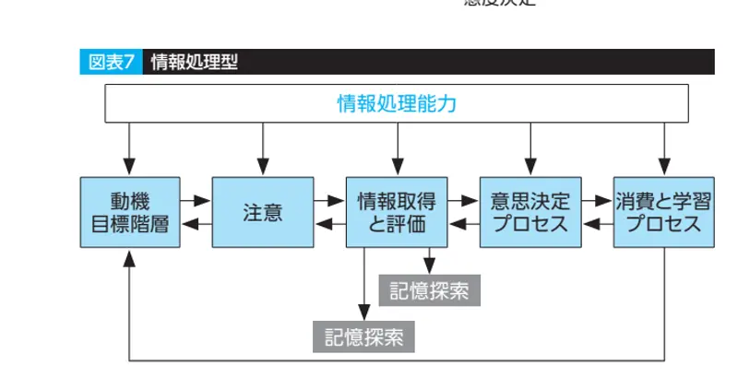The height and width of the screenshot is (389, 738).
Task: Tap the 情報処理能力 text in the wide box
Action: (397, 102)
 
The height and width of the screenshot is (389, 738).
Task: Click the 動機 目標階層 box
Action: (129, 212)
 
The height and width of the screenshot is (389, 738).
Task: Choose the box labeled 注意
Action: (263, 212)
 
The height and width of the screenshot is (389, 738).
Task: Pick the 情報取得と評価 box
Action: (397, 212)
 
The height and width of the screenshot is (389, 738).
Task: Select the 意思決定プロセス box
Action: (530, 212)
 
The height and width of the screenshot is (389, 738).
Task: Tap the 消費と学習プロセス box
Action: (664, 212)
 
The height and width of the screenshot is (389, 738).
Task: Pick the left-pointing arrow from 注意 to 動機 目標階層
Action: (195, 224)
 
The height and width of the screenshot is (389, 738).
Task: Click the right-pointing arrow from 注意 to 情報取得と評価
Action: (329, 199)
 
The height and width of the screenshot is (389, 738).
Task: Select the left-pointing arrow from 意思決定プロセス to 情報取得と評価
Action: (463, 224)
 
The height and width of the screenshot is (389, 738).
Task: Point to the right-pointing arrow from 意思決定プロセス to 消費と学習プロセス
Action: (598, 199)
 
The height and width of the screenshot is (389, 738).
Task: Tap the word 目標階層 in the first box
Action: (129, 223)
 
